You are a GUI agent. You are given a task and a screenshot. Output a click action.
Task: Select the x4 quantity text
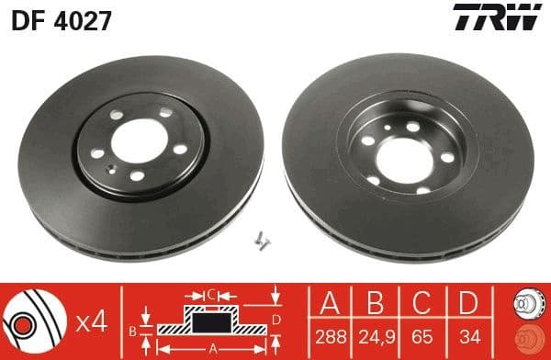[92, 321]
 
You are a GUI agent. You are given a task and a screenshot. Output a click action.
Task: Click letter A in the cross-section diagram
[212, 348]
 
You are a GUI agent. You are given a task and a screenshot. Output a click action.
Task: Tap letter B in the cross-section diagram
[132, 330]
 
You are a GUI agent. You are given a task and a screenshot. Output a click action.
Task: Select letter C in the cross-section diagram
[210, 295]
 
